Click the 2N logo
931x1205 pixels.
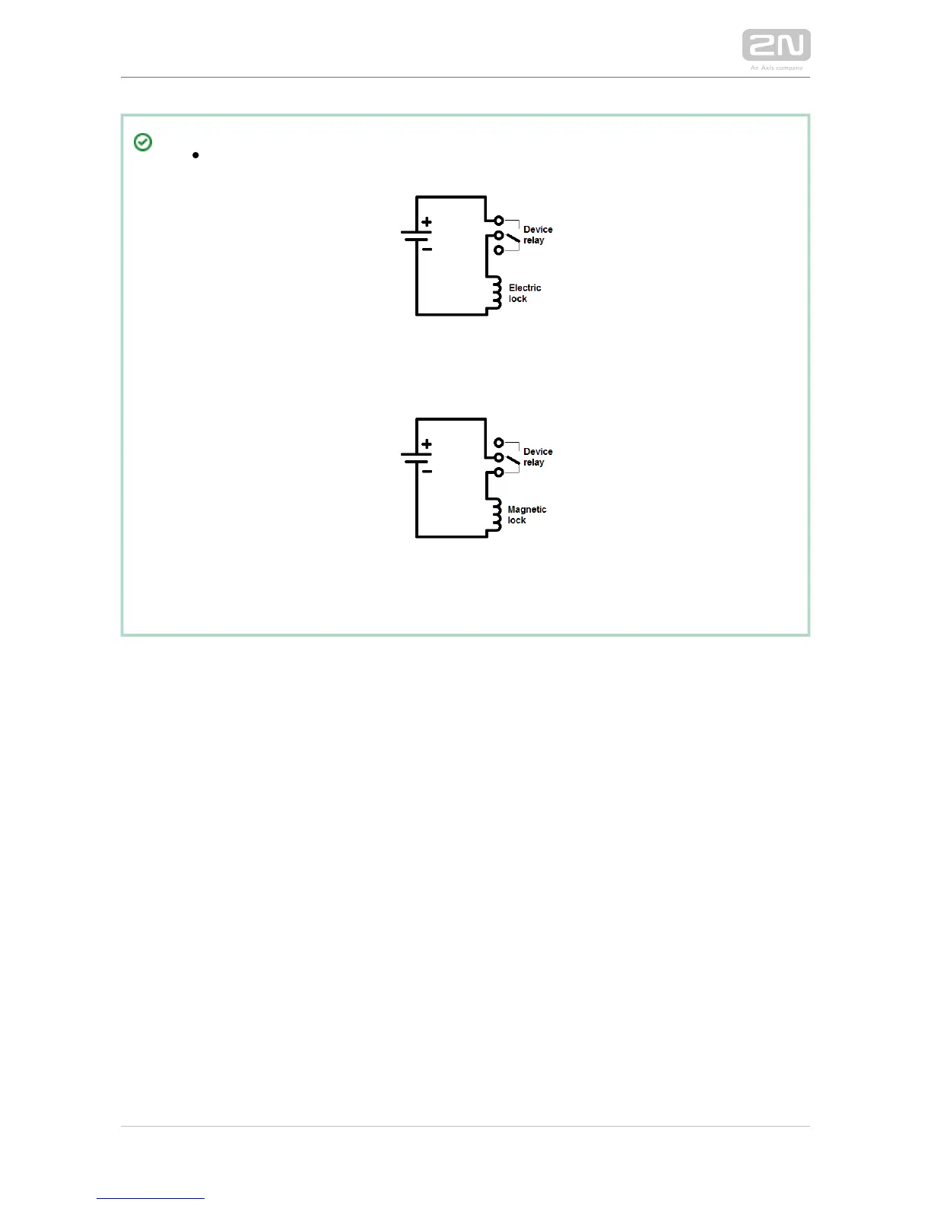[776, 45]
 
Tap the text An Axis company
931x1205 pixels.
[776, 68]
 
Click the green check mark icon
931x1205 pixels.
[142, 142]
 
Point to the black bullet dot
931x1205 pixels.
[195, 155]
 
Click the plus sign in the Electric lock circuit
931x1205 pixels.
[427, 222]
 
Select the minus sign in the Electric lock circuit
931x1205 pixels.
[427, 249]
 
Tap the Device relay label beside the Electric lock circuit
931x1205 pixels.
[537, 234]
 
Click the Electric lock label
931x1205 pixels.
[524, 293]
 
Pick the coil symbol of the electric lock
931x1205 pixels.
[495, 292]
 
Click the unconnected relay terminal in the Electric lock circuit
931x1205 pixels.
[499, 250]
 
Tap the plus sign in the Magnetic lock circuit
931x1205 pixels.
[427, 444]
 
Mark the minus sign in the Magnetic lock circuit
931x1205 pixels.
[427, 471]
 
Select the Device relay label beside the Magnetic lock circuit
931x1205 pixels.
[537, 456]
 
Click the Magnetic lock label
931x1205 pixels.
[526, 515]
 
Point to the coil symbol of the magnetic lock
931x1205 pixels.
[495, 514]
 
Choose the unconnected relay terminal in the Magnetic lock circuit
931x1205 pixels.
[499, 443]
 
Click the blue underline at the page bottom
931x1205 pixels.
[151, 1198]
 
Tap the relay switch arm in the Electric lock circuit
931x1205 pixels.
[513, 238]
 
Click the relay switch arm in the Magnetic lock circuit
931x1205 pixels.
[513, 460]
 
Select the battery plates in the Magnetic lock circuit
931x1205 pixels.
[416, 457]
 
